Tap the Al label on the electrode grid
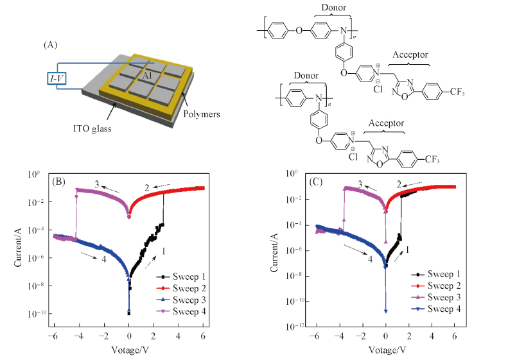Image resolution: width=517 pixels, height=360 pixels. (147, 76)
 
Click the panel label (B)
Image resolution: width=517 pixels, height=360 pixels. (62, 182)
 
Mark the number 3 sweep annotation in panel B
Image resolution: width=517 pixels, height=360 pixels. (96, 184)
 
